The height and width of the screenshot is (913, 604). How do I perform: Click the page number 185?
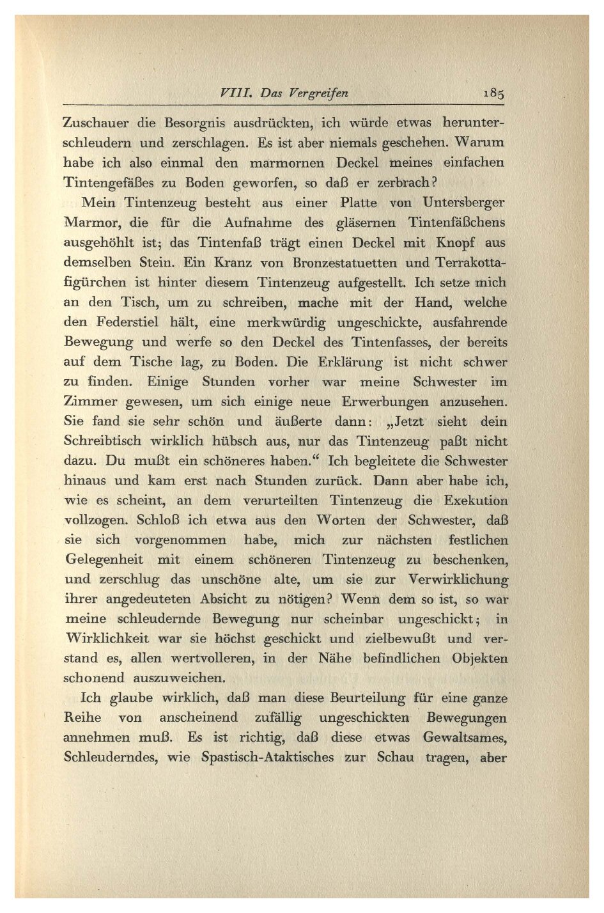pyautogui.click(x=493, y=93)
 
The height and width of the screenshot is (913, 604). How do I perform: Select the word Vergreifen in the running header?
pyautogui.click(x=318, y=93)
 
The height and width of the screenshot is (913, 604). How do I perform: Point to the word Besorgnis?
pyautogui.click(x=192, y=123)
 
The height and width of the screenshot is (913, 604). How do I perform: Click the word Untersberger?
pyautogui.click(x=463, y=203)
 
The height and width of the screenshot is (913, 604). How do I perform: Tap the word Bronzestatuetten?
pyautogui.click(x=345, y=263)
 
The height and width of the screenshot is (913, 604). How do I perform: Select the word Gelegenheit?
pyautogui.click(x=104, y=560)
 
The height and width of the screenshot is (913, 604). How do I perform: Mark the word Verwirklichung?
pyautogui.click(x=458, y=580)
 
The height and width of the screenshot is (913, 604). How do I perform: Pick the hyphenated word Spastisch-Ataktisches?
pyautogui.click(x=267, y=758)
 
